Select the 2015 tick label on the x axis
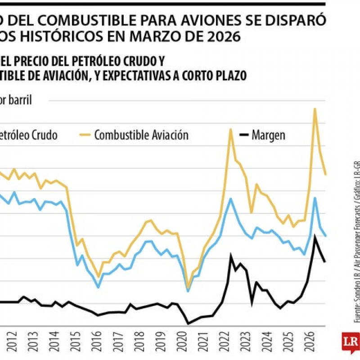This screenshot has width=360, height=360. coord(74,342)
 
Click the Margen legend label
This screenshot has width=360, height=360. coord(269,135)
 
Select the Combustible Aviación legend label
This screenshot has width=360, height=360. coord(141,135)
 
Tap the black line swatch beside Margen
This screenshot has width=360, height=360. coord(244,135)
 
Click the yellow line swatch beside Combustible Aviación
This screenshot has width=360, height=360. coord(85,135)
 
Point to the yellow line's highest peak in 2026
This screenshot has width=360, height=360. coord(315,108)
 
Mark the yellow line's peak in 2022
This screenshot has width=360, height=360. coord(230,129)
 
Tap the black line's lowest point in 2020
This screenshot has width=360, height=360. coord(188,323)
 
